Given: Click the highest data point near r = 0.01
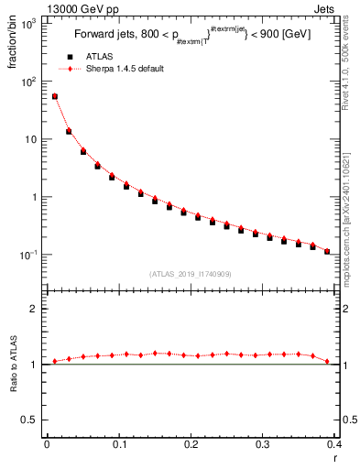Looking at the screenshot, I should (x=54, y=96).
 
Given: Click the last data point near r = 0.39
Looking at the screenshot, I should (x=327, y=251).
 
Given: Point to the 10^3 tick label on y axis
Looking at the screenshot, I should (x=29, y=25).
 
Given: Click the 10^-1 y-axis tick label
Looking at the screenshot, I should (x=29, y=255).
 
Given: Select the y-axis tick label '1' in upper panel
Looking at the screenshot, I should (x=35, y=197).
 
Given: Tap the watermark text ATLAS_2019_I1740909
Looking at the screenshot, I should (x=191, y=274).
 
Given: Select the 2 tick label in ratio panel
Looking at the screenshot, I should (x=35, y=309).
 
